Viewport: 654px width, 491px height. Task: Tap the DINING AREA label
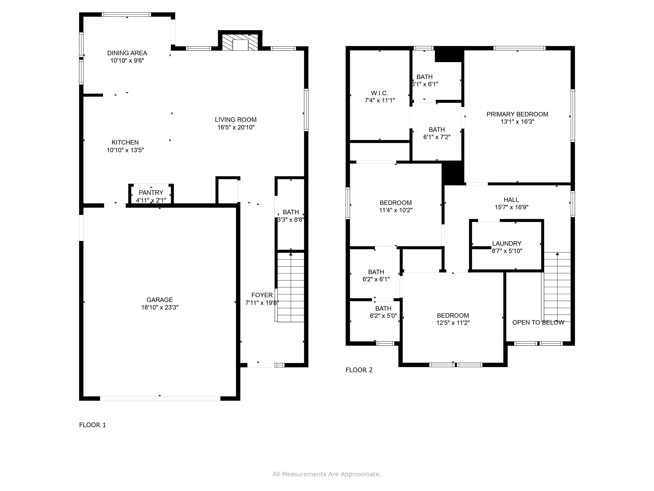point(127,53)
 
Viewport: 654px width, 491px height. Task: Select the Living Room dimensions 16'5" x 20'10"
point(236,127)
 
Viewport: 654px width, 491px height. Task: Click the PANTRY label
point(151,192)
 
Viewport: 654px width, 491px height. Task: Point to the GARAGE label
point(159,300)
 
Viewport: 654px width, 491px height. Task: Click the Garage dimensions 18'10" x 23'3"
point(159,307)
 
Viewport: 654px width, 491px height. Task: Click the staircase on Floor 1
point(290,287)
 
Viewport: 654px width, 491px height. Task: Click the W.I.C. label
point(379,93)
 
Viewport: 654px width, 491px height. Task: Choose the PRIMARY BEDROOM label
point(517,114)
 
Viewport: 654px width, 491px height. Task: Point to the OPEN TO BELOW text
point(538,322)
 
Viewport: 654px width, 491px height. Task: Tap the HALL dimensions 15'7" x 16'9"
point(511,207)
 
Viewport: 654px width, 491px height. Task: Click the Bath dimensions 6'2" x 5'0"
point(383,316)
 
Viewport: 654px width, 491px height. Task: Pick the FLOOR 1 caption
point(92,425)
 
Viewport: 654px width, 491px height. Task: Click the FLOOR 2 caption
point(359,370)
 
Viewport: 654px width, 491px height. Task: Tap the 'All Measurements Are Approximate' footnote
point(327,474)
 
